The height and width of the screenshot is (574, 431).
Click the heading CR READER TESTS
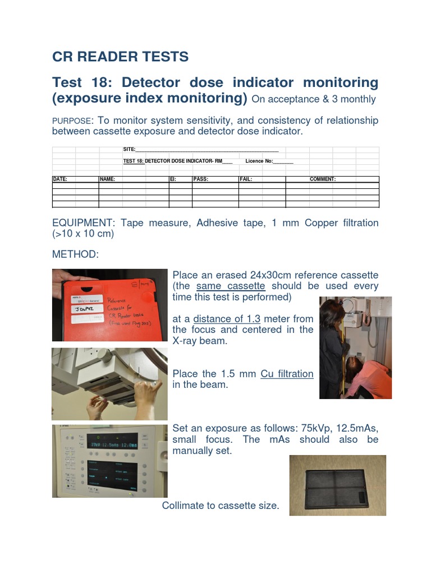[x=120, y=57]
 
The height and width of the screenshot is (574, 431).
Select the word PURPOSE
[x=71, y=121]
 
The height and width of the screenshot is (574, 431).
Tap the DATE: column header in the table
[x=60, y=179]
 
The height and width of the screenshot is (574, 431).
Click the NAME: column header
[x=108, y=179]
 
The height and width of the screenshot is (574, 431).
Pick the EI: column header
[x=173, y=179]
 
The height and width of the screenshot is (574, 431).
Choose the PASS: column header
[x=200, y=179]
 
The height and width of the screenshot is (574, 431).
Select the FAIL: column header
[x=246, y=179]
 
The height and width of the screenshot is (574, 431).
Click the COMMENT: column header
[x=323, y=179]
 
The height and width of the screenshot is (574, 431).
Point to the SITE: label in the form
[x=130, y=149]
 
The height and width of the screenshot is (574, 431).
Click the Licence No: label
[x=259, y=161]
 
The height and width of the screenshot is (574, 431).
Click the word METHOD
[x=75, y=254]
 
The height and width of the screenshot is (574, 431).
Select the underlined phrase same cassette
[x=231, y=286]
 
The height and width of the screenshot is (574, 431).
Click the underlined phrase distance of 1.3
[x=227, y=318]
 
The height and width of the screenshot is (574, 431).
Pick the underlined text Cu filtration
[x=287, y=374]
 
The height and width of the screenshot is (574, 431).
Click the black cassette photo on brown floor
[x=337, y=485]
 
